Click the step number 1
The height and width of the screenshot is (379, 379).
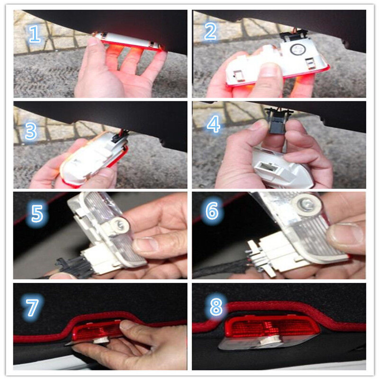[35, 34]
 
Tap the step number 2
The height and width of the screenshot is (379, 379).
[210, 31]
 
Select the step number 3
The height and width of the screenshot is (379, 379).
[31, 131]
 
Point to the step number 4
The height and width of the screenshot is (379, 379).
[214, 124]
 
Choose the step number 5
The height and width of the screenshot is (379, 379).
[37, 214]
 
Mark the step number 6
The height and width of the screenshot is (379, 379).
[212, 211]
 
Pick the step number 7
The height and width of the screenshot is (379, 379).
[32, 307]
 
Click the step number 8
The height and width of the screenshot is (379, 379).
[216, 306]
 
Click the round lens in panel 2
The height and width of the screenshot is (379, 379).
[296, 49]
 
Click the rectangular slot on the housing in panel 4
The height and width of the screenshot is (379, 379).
[265, 167]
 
